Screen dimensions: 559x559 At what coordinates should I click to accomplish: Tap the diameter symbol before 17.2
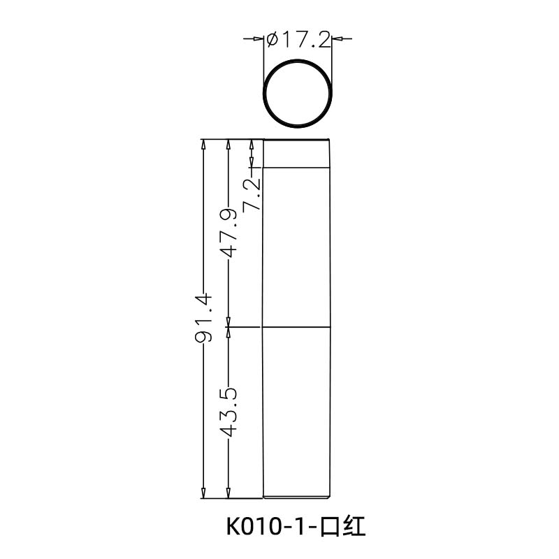click(x=273, y=40)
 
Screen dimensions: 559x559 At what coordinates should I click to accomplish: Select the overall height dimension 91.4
click(x=204, y=319)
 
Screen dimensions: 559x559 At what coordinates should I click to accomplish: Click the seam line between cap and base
click(x=297, y=327)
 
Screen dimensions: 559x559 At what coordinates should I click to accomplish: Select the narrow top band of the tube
click(x=297, y=154)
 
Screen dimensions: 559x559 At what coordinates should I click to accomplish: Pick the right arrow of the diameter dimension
click(x=337, y=40)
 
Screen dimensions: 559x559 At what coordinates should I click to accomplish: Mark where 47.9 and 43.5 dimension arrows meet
click(x=229, y=327)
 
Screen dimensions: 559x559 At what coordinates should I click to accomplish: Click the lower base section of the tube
click(x=297, y=412)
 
